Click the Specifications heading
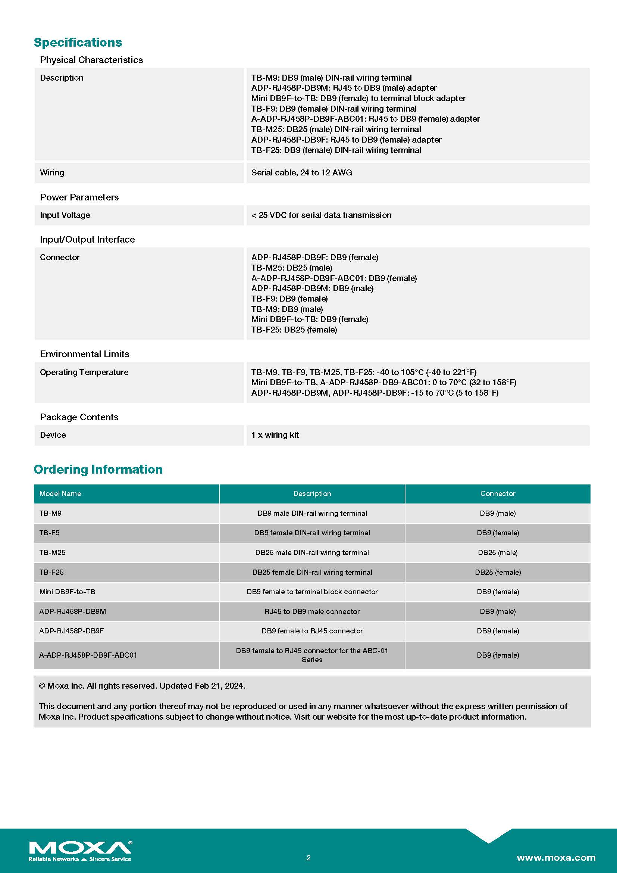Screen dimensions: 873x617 (78, 42)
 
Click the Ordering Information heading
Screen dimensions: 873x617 (98, 469)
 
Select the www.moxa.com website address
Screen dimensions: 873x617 (556, 857)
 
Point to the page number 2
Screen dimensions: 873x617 (308, 857)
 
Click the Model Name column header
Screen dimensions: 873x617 (60, 493)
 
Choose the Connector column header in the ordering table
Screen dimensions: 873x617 (498, 493)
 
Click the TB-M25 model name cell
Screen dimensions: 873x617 (53, 552)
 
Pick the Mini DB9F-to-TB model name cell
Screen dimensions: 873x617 (67, 592)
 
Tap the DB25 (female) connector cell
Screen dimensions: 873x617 (498, 572)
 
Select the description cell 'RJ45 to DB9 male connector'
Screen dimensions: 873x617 (312, 611)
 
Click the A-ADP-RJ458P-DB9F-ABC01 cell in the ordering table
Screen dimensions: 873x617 (88, 655)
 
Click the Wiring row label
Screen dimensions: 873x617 (52, 173)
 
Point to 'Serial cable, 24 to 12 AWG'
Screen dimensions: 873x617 (302, 173)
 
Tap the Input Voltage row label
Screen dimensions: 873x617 (65, 215)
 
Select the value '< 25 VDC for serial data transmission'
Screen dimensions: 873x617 (322, 215)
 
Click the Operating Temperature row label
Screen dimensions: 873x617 (84, 372)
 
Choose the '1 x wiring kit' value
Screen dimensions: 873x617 (275, 435)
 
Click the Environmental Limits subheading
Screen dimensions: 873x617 (84, 354)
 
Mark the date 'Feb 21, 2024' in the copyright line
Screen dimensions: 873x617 (220, 686)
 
